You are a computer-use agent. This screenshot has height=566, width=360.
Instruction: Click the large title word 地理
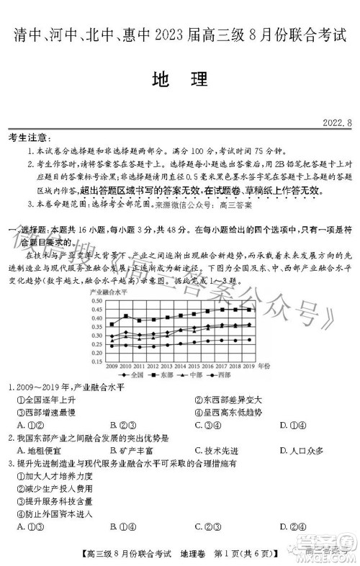click(179, 80)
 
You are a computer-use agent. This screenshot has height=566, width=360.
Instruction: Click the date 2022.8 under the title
click(337, 123)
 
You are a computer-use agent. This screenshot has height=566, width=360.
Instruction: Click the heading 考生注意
click(28, 138)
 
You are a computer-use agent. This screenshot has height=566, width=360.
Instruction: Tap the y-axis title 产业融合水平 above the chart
click(108, 292)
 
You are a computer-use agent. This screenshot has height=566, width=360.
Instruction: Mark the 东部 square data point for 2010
click(127, 315)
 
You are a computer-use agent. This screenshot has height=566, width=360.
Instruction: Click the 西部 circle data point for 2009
click(112, 346)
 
